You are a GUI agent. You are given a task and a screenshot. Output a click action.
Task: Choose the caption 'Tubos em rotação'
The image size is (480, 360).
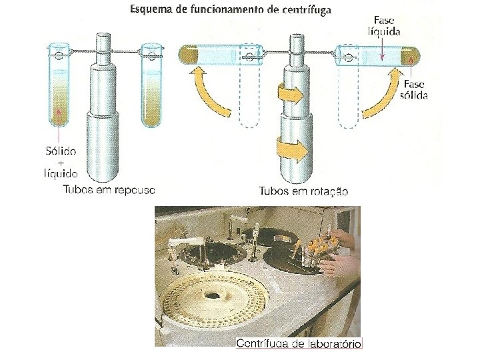(x=303, y=191)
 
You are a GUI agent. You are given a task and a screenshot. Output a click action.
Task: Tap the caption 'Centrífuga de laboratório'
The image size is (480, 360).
(x=299, y=343)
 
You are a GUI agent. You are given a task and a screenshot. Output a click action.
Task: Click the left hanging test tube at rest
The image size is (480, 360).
(x=60, y=87)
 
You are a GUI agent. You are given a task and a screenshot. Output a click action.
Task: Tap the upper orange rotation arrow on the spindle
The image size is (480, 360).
(x=289, y=95)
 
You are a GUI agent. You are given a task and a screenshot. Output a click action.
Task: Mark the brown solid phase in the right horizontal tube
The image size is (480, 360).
(x=407, y=53)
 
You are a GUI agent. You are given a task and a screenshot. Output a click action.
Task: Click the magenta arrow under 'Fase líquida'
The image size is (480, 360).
(x=381, y=49)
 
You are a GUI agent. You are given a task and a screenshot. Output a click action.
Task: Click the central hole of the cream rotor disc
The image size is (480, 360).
(x=214, y=295)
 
